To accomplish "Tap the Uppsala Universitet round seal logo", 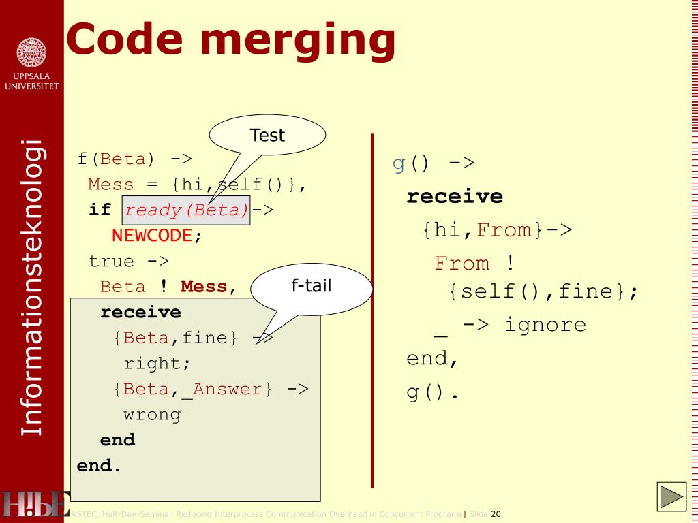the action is click(x=31, y=52).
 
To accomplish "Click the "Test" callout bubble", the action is click(x=267, y=135).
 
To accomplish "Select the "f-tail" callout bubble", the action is click(x=312, y=285).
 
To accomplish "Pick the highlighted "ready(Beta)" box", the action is click(x=186, y=210).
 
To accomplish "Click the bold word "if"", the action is click(x=100, y=210).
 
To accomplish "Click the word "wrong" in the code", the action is click(x=152, y=415).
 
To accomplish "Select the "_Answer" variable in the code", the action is click(x=227, y=389).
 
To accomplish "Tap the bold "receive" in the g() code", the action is click(x=455, y=197).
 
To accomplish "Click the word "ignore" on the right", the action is click(x=545, y=324).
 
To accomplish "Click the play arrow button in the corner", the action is click(x=671, y=497).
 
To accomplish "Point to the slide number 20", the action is click(x=496, y=514).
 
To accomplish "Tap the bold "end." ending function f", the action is click(x=99, y=466).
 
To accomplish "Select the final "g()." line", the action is click(x=433, y=393).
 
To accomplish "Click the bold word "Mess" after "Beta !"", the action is click(x=204, y=287).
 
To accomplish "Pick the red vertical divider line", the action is click(x=372, y=310).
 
